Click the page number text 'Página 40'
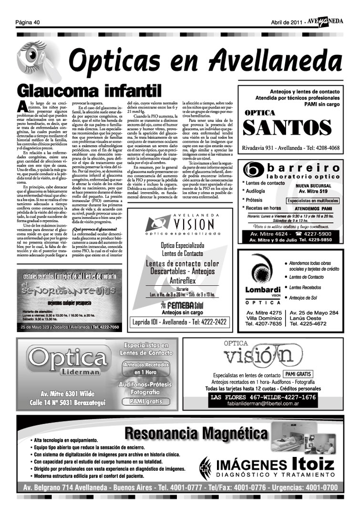[x=27, y=22]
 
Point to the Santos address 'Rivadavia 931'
[x=263, y=148]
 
